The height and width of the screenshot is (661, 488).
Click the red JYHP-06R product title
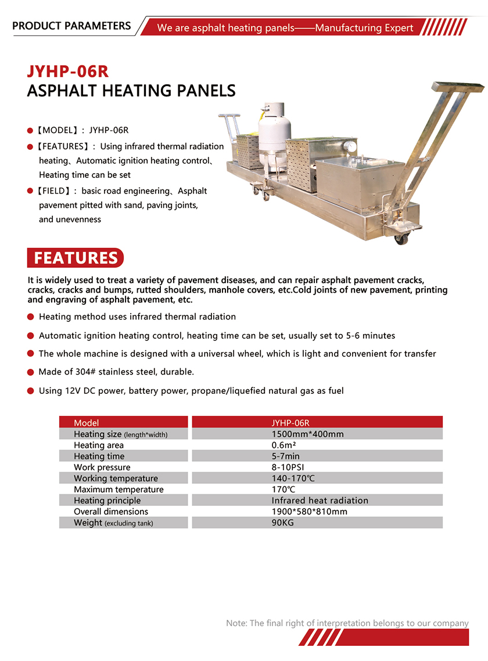(68, 71)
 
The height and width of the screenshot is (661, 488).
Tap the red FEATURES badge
(76, 258)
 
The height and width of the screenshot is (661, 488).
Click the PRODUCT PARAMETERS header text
(71, 26)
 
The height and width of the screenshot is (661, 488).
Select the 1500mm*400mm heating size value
(307, 434)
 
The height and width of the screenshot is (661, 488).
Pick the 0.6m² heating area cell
(283, 445)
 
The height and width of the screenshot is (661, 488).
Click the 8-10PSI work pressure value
(288, 467)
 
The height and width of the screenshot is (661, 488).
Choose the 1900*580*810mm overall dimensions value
(309, 511)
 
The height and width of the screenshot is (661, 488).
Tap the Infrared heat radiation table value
(320, 500)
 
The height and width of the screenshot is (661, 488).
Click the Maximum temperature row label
(119, 489)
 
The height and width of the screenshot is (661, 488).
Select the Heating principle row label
(107, 500)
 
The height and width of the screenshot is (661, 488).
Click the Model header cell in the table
(87, 423)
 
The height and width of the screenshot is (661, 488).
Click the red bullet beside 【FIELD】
(30, 191)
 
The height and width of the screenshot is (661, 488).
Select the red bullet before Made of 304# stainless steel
(30, 372)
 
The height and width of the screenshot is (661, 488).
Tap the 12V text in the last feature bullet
(72, 391)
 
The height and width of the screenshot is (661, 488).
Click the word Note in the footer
(236, 623)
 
